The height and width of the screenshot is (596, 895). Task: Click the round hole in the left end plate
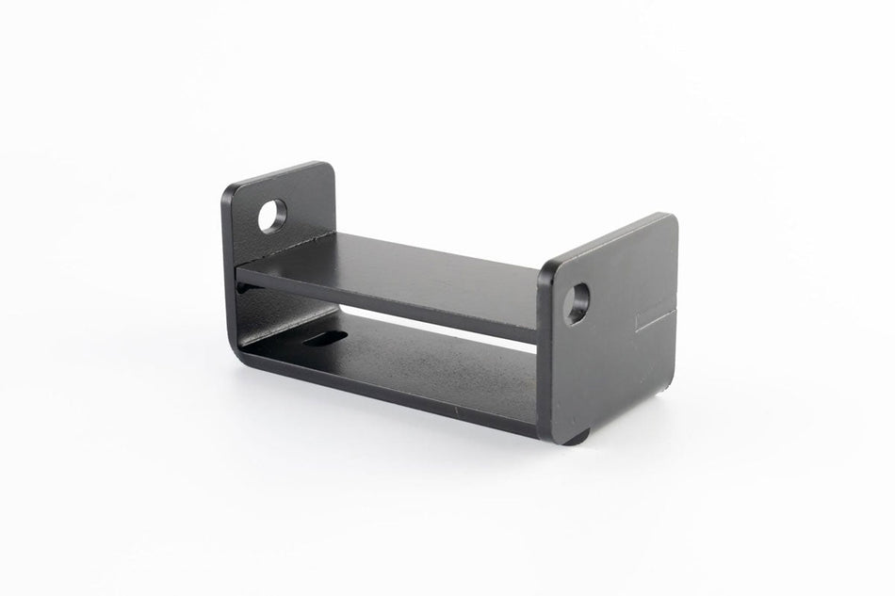(272, 217)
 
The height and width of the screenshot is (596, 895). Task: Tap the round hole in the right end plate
(576, 303)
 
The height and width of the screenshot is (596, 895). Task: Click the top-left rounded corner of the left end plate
(229, 187)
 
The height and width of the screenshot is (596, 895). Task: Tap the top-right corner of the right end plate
(670, 219)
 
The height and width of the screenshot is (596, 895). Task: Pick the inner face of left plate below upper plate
(273, 311)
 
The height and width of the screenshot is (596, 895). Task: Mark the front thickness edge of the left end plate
(228, 245)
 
